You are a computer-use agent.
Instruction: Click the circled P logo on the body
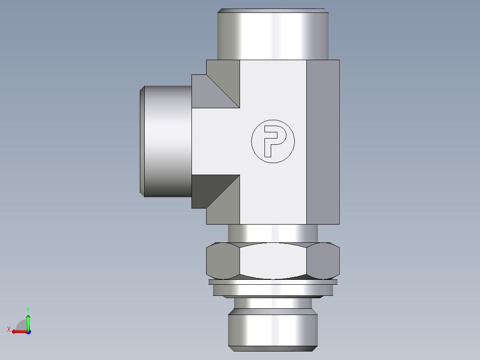tap(273, 141)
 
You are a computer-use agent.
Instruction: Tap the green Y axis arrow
tap(28, 320)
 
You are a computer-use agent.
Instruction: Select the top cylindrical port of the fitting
tap(273, 36)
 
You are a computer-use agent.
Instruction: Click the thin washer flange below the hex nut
tap(273, 282)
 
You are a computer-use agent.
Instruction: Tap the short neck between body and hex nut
tap(273, 233)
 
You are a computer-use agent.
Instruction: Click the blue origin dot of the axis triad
tap(28, 332)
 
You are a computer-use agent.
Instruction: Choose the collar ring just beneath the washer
tap(273, 290)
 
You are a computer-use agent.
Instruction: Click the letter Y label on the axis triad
tap(28, 309)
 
